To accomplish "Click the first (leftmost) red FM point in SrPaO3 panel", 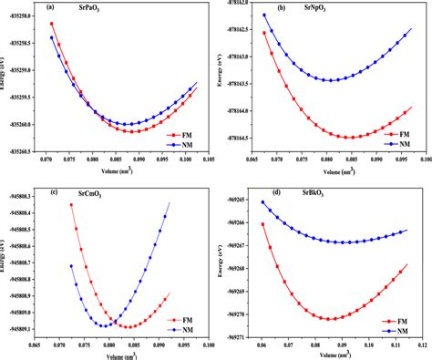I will pos(52,24).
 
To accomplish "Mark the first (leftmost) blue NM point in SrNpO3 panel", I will pos(264,15).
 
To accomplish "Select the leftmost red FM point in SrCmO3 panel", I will pos(72,205).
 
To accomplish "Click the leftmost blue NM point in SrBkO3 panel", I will pos(263,202).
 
